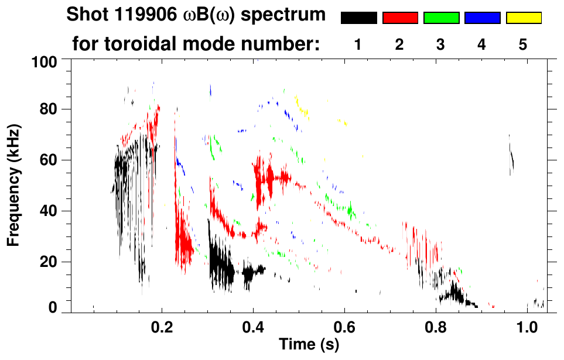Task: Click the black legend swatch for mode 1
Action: pos(358,18)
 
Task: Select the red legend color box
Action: pos(400,18)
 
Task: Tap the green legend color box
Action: pos(441,18)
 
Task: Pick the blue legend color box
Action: pos(482,18)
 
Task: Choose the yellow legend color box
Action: pos(524,18)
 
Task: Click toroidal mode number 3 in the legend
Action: pos(440,45)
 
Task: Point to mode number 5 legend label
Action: pos(523,45)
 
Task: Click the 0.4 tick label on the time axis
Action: pos(253,326)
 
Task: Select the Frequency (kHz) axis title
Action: pos(14,184)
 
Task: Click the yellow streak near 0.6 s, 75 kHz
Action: pos(342,122)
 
